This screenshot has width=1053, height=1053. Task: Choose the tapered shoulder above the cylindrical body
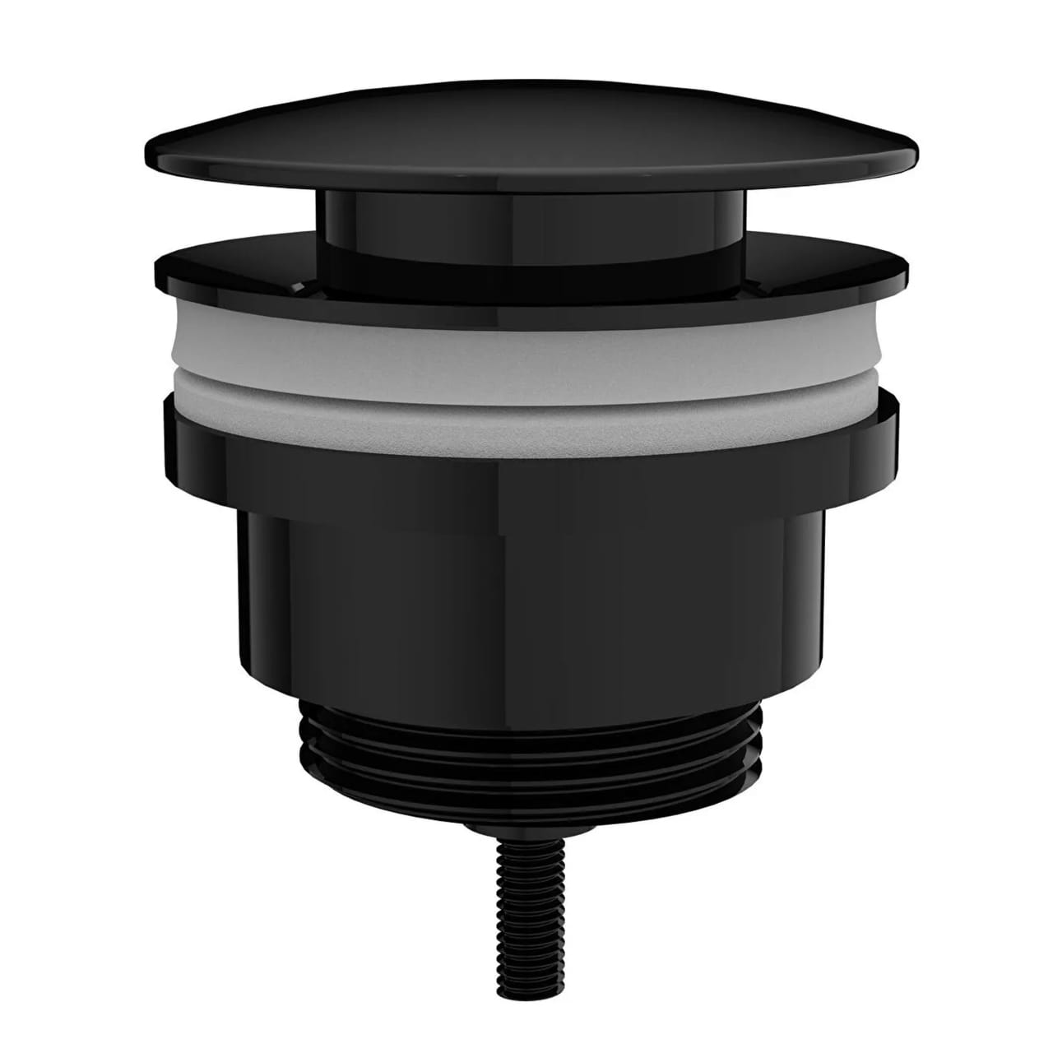click(x=526, y=494)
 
